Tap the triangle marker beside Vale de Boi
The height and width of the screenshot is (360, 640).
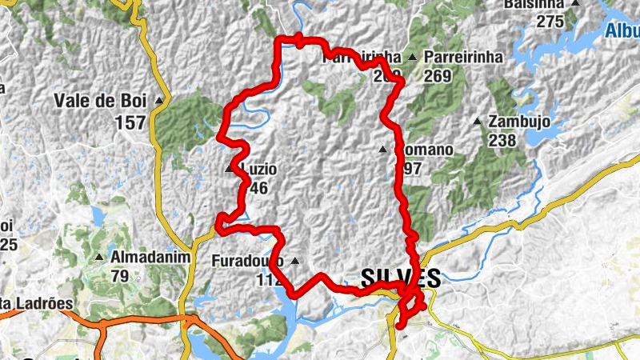click(159, 101)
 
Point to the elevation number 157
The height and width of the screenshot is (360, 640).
click(130, 122)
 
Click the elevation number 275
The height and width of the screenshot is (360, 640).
click(550, 22)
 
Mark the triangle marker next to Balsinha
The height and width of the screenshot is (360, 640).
click(574, 4)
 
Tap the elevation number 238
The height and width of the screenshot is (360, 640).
click(502, 140)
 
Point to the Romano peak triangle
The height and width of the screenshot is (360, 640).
click(383, 150)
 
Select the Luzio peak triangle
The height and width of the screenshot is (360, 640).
click(230, 170)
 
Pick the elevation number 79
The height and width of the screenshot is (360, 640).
click(120, 276)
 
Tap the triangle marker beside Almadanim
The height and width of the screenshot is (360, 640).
click(99, 257)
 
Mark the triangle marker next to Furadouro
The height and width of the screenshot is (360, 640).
click(296, 261)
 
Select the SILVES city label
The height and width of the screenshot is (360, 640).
click(400, 278)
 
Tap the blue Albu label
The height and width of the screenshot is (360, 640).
click(622, 31)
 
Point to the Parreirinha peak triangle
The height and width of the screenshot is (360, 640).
click(412, 58)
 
